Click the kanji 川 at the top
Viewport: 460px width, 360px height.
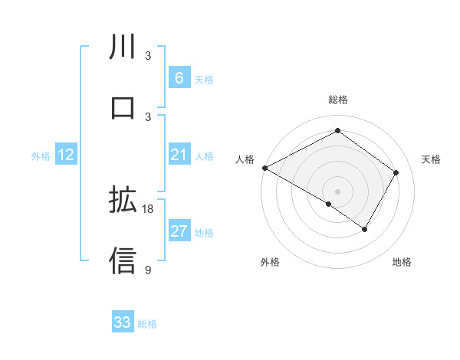pos(123,47)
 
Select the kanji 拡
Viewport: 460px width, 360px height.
pos(123,201)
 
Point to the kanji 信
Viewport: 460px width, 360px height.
pos(123,260)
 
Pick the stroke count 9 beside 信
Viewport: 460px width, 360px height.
pos(148,269)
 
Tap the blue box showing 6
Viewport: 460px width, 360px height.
pos(179,78)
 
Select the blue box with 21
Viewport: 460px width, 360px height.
pos(179,155)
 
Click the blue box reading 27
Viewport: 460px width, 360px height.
pos(179,232)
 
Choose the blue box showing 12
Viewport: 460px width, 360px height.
pos(66,155)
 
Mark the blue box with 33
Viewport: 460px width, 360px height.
pos(123,322)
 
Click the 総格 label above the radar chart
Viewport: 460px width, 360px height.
pos(337,100)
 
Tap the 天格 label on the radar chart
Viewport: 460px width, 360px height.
pos(432,159)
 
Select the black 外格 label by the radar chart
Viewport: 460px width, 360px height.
pos(270,262)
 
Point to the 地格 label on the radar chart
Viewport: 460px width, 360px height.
pos(402,262)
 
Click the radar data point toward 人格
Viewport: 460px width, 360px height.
pos(264,167)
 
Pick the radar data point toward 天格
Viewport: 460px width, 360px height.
pos(396,172)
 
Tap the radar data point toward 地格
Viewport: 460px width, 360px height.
pos(365,229)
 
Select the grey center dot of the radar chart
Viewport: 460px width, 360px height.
pos(337,191)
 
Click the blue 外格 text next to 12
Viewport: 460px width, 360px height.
pos(41,156)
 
